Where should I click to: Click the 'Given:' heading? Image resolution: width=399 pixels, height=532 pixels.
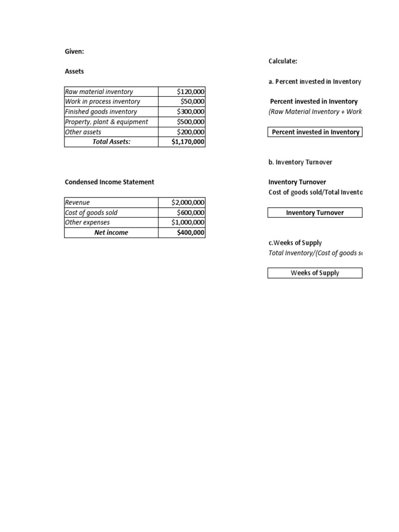point(74,51)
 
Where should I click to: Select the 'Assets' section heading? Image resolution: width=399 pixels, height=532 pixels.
point(74,71)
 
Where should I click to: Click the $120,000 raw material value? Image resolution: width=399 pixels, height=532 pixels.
point(191,92)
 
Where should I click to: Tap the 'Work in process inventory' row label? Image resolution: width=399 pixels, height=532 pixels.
point(102,102)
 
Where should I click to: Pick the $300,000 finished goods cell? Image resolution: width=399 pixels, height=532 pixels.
point(191,112)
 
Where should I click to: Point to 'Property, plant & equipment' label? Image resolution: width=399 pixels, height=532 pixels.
point(106,122)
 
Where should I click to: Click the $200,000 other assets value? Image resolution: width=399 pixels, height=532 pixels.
point(191,132)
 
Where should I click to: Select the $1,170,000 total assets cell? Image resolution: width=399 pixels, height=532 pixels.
point(188,142)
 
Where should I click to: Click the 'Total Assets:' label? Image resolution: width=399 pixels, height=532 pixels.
point(111,142)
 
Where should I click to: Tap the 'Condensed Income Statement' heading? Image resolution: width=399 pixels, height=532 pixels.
point(109,182)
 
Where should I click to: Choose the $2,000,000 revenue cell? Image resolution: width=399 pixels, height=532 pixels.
point(188,203)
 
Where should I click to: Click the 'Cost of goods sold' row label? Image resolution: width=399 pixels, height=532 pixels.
point(91,212)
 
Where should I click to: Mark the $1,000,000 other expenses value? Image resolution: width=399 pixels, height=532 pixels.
point(188,222)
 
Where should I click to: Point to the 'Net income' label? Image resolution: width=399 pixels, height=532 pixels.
point(111,233)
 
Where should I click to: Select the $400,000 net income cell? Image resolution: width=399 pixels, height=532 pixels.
point(191,233)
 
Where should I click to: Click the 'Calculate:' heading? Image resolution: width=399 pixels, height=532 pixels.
point(283,61)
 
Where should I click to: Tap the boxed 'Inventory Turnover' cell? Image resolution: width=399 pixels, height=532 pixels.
point(315,212)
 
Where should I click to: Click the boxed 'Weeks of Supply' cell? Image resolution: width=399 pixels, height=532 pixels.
point(315,273)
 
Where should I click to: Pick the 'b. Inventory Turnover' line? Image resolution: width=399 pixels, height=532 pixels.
point(300,162)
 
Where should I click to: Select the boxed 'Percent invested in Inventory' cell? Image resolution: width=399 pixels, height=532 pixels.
point(315,132)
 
